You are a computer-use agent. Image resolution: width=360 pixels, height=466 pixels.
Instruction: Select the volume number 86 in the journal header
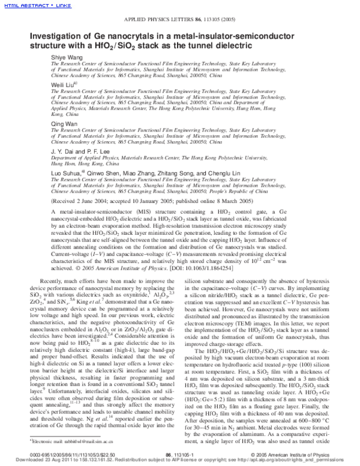[x=198, y=20]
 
